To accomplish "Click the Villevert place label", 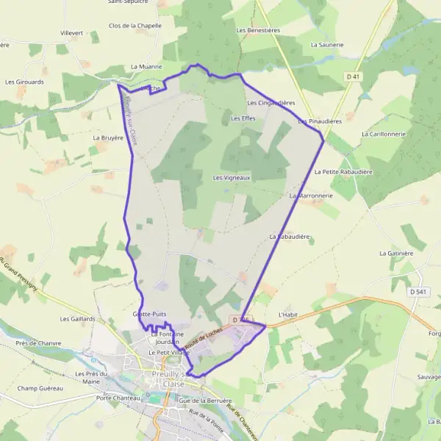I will [x=71, y=34].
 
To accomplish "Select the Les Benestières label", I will [x=258, y=31].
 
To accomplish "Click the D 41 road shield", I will [x=354, y=76].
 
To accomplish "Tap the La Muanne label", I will [x=145, y=67].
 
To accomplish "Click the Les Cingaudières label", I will [x=270, y=103].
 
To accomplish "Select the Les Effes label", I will [x=243, y=118].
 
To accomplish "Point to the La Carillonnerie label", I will [x=384, y=135].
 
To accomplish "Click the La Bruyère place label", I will [x=108, y=137].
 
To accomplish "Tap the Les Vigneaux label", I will [x=232, y=178].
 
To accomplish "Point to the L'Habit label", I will [x=287, y=315].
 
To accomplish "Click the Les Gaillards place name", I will [x=78, y=319].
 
